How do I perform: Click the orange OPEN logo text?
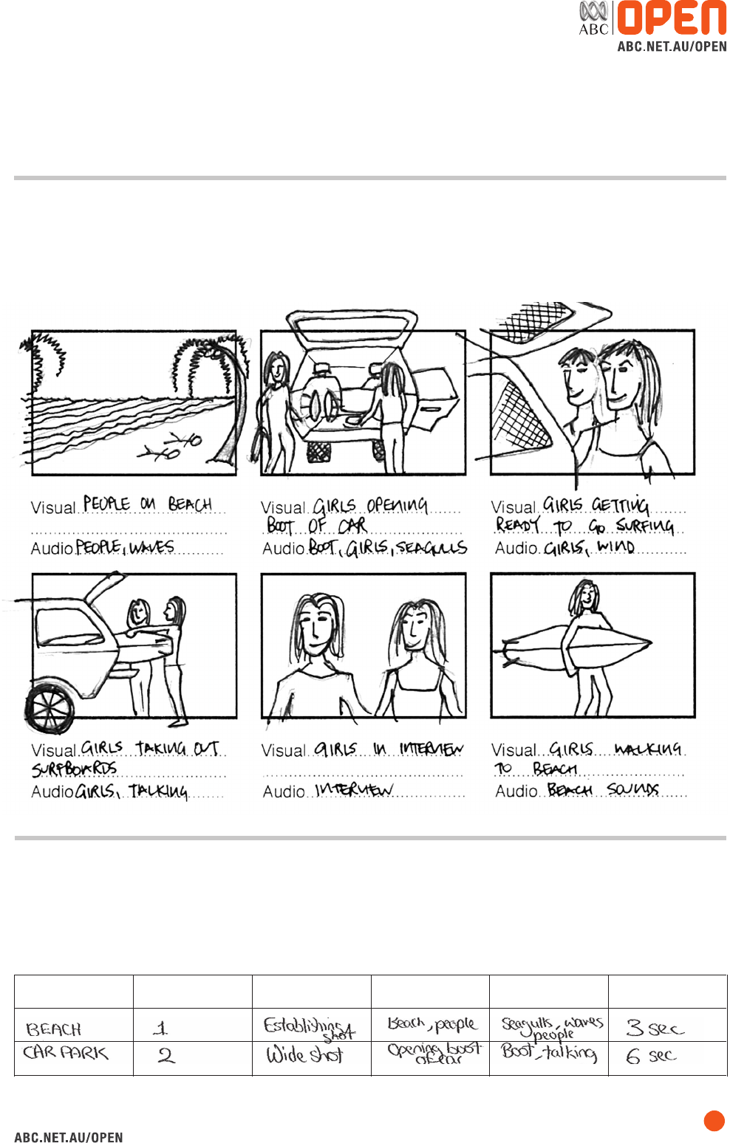coord(671,18)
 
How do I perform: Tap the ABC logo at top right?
coord(593,18)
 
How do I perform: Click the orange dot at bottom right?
coord(714,1120)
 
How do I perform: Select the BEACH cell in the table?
coord(54,1029)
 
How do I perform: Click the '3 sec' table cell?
coord(655,1028)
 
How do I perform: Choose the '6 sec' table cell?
coord(651,1056)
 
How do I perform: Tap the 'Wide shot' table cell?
coord(304,1054)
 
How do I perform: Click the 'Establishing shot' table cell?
coord(309,1027)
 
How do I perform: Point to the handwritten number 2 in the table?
coord(166,1055)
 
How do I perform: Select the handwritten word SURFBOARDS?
coord(74,769)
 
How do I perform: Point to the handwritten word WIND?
coord(615,547)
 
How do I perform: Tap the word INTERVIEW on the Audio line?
coord(354,790)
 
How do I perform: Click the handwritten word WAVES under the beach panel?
coord(152,547)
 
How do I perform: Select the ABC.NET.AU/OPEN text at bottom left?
coord(69,1137)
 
